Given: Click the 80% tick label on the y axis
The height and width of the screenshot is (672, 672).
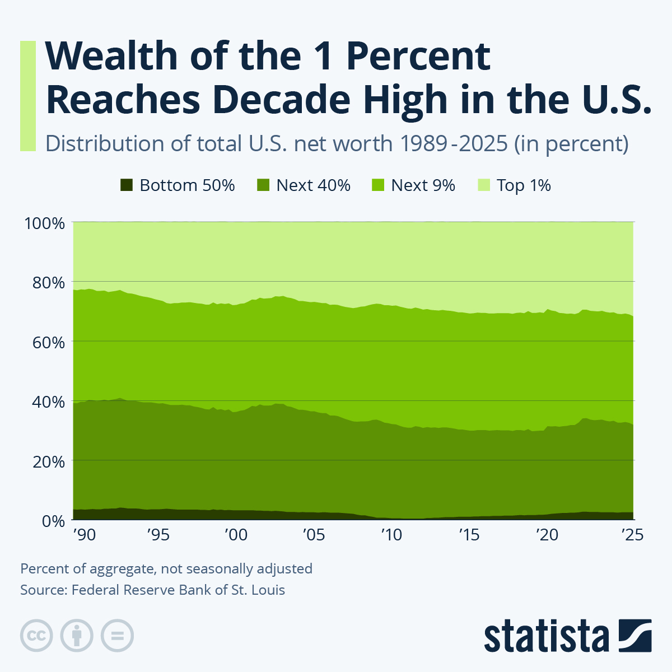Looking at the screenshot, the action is [45, 283].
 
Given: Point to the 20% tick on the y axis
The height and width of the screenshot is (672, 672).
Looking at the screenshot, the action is [45, 462].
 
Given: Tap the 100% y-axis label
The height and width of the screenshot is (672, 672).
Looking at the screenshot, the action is [45, 223].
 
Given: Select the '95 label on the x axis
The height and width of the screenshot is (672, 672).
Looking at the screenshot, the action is [158, 535].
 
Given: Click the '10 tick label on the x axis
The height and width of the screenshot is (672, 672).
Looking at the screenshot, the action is [391, 535].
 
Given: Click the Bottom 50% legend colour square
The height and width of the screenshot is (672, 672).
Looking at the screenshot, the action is [127, 185].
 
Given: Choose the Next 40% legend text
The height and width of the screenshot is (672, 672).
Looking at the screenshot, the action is [313, 185].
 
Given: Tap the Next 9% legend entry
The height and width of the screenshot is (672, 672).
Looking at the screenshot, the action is [423, 185].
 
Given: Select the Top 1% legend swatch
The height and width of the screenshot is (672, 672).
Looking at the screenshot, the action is [484, 185].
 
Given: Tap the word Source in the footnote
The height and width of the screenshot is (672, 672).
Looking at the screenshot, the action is [42, 590].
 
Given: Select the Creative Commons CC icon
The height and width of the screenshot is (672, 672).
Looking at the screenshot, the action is [36, 636].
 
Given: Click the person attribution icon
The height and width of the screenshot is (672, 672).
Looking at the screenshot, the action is [77, 636].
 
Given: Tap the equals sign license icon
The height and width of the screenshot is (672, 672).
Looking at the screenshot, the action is [117, 636].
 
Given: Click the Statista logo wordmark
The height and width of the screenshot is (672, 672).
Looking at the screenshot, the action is [547, 636].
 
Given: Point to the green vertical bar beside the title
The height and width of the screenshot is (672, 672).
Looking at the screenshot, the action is [28, 96].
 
